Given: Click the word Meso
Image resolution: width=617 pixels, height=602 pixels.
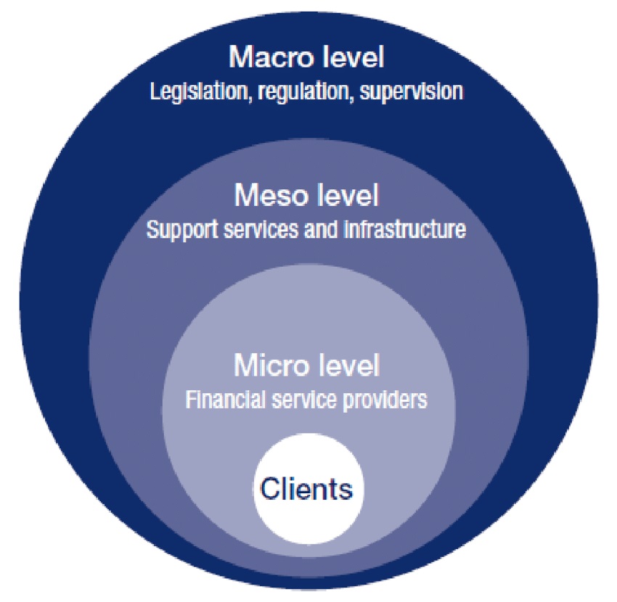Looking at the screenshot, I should (268, 196).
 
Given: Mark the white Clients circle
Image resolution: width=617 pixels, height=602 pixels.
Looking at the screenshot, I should (308, 508).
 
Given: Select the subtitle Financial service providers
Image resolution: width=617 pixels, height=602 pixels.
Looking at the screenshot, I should (306, 400).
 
